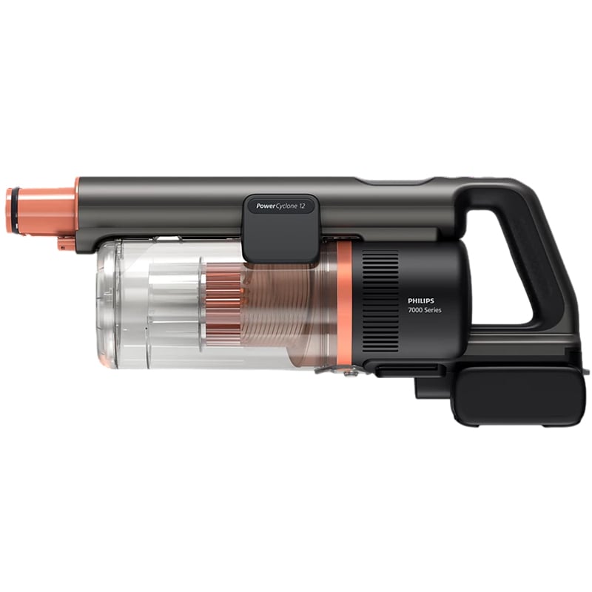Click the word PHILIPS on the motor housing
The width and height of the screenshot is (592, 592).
[421, 301]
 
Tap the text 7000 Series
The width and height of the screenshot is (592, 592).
[424, 310]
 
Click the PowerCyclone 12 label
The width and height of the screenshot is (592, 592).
[280, 206]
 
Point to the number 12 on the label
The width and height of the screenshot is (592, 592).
[301, 206]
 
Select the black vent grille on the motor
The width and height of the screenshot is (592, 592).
[380, 301]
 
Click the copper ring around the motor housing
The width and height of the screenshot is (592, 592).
[343, 304]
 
